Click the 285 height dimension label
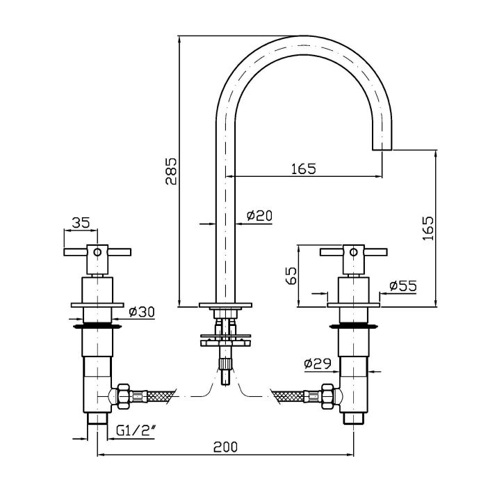(171, 171)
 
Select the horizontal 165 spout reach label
(304, 169)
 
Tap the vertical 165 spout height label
(428, 228)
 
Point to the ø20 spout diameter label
(259, 215)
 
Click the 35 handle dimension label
(81, 223)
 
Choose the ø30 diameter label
(142, 312)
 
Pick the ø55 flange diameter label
(403, 286)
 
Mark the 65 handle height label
(291, 275)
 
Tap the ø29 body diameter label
(318, 364)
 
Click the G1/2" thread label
(136, 431)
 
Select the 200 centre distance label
(225, 447)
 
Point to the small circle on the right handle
(354, 252)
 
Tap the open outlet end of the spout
(382, 150)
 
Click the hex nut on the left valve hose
(123, 396)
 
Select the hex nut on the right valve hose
(327, 396)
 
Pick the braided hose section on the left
(161, 396)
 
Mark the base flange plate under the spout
(225, 305)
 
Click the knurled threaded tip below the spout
(225, 363)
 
